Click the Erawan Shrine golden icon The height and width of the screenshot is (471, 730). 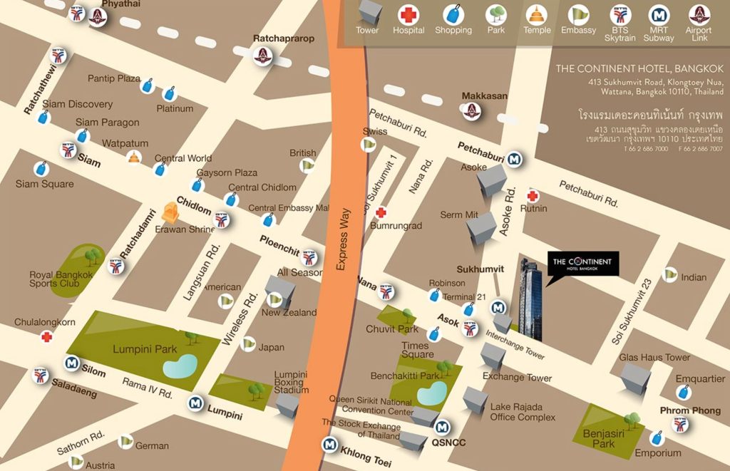pyautogui.click(x=170, y=212)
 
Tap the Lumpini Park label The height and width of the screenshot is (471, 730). pyautogui.click(x=145, y=349)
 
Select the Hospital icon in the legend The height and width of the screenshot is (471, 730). pyautogui.click(x=408, y=14)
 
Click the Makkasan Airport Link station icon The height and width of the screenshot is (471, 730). pyautogui.click(x=471, y=111)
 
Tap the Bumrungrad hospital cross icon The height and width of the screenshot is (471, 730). pyautogui.click(x=381, y=212)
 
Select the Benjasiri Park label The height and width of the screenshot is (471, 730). pyautogui.click(x=599, y=438)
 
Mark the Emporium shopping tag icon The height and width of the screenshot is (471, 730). pyautogui.click(x=657, y=437)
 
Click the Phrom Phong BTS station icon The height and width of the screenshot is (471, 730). pyautogui.click(x=681, y=425)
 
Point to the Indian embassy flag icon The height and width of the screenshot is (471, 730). pyautogui.click(x=669, y=274)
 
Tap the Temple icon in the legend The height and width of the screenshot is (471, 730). pyautogui.click(x=536, y=14)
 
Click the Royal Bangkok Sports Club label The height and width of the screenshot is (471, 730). pyautogui.click(x=61, y=279)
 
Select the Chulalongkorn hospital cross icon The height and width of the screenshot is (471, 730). pyautogui.click(x=47, y=336)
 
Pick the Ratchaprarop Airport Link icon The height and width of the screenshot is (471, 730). pyautogui.click(x=264, y=55)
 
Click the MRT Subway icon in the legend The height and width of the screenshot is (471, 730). pyautogui.click(x=659, y=14)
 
